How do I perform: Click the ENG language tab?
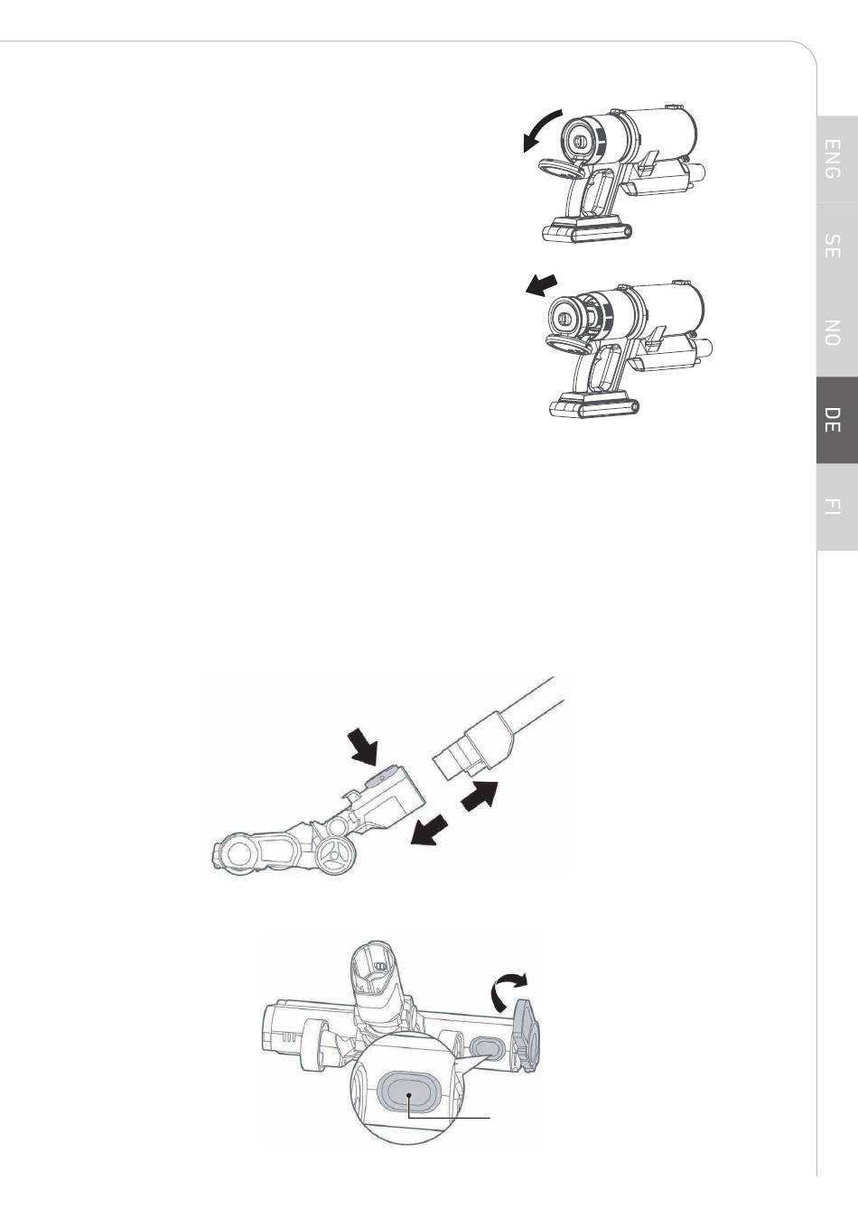click(837, 159)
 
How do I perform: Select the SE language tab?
click(837, 246)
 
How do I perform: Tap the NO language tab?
click(837, 333)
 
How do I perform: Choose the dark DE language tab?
click(837, 420)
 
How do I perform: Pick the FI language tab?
click(837, 506)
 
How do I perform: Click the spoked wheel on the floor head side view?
click(336, 858)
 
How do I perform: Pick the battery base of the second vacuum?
click(593, 404)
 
